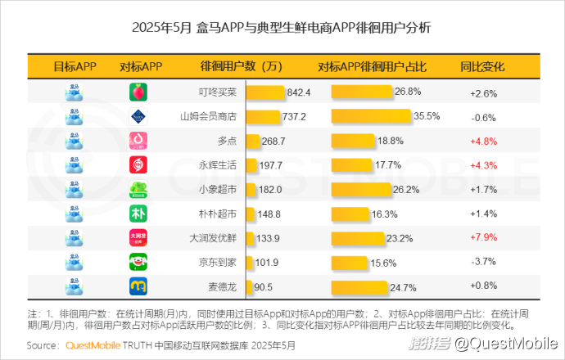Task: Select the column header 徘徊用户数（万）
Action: point(242,66)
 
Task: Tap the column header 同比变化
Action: point(483,66)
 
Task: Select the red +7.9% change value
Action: point(483,238)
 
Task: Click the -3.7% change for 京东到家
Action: point(483,263)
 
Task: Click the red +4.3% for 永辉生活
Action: point(483,165)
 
